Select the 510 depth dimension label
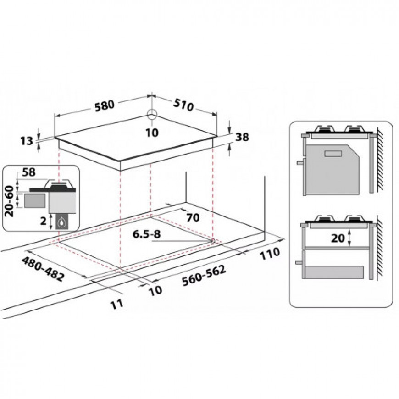click(x=183, y=105)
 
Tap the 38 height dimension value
click(x=242, y=137)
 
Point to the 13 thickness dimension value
click(x=27, y=141)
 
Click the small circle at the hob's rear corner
click(x=152, y=115)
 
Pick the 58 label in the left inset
click(x=29, y=172)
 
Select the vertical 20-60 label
click(x=10, y=201)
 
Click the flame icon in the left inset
click(x=61, y=222)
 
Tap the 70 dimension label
click(x=193, y=217)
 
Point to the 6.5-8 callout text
click(x=146, y=234)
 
